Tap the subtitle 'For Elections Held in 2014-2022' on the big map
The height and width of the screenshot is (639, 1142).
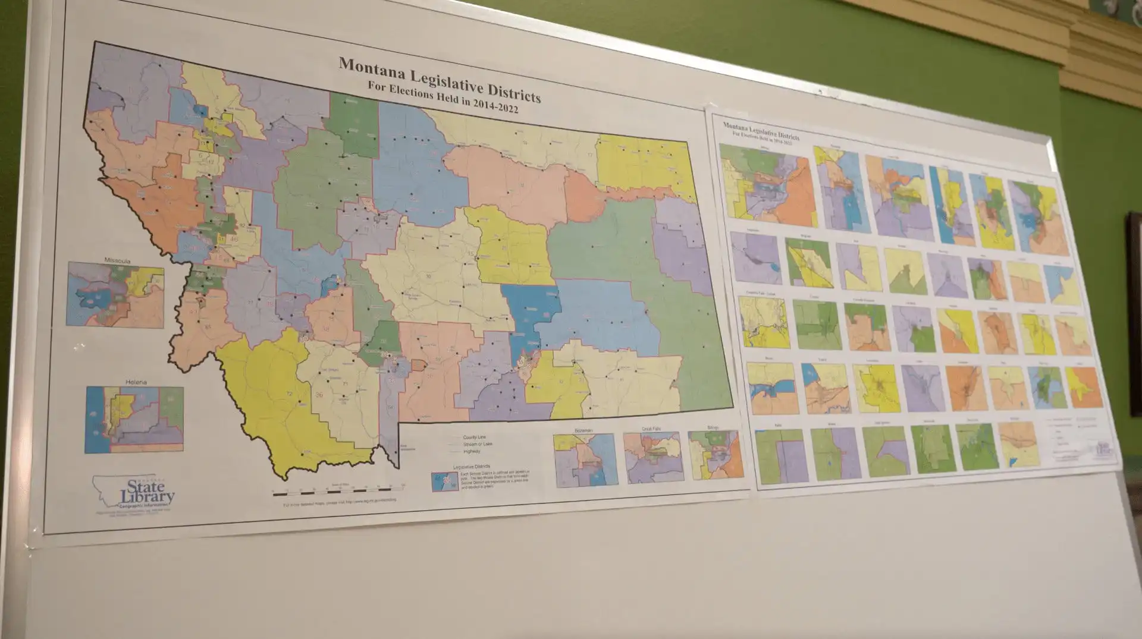(x=443, y=97)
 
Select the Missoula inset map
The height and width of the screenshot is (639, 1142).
(x=115, y=295)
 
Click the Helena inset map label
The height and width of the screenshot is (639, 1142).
(x=136, y=382)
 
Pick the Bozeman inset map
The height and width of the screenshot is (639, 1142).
(x=585, y=460)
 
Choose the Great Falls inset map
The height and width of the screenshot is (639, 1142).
(x=653, y=457)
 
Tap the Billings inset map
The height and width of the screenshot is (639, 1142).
(x=716, y=455)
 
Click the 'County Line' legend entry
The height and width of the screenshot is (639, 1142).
(x=474, y=437)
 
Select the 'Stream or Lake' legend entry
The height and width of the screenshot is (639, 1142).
(x=477, y=445)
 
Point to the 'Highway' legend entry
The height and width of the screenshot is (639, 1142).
(x=471, y=452)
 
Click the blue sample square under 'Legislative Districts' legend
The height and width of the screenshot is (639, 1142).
(x=444, y=481)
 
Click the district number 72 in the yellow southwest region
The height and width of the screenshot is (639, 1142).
(x=290, y=394)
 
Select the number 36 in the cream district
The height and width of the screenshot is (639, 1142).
(x=319, y=395)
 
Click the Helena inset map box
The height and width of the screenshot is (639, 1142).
(x=134, y=420)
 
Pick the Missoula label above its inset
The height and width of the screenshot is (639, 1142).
(x=117, y=260)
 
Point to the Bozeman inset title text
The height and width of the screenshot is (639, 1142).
(x=583, y=430)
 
